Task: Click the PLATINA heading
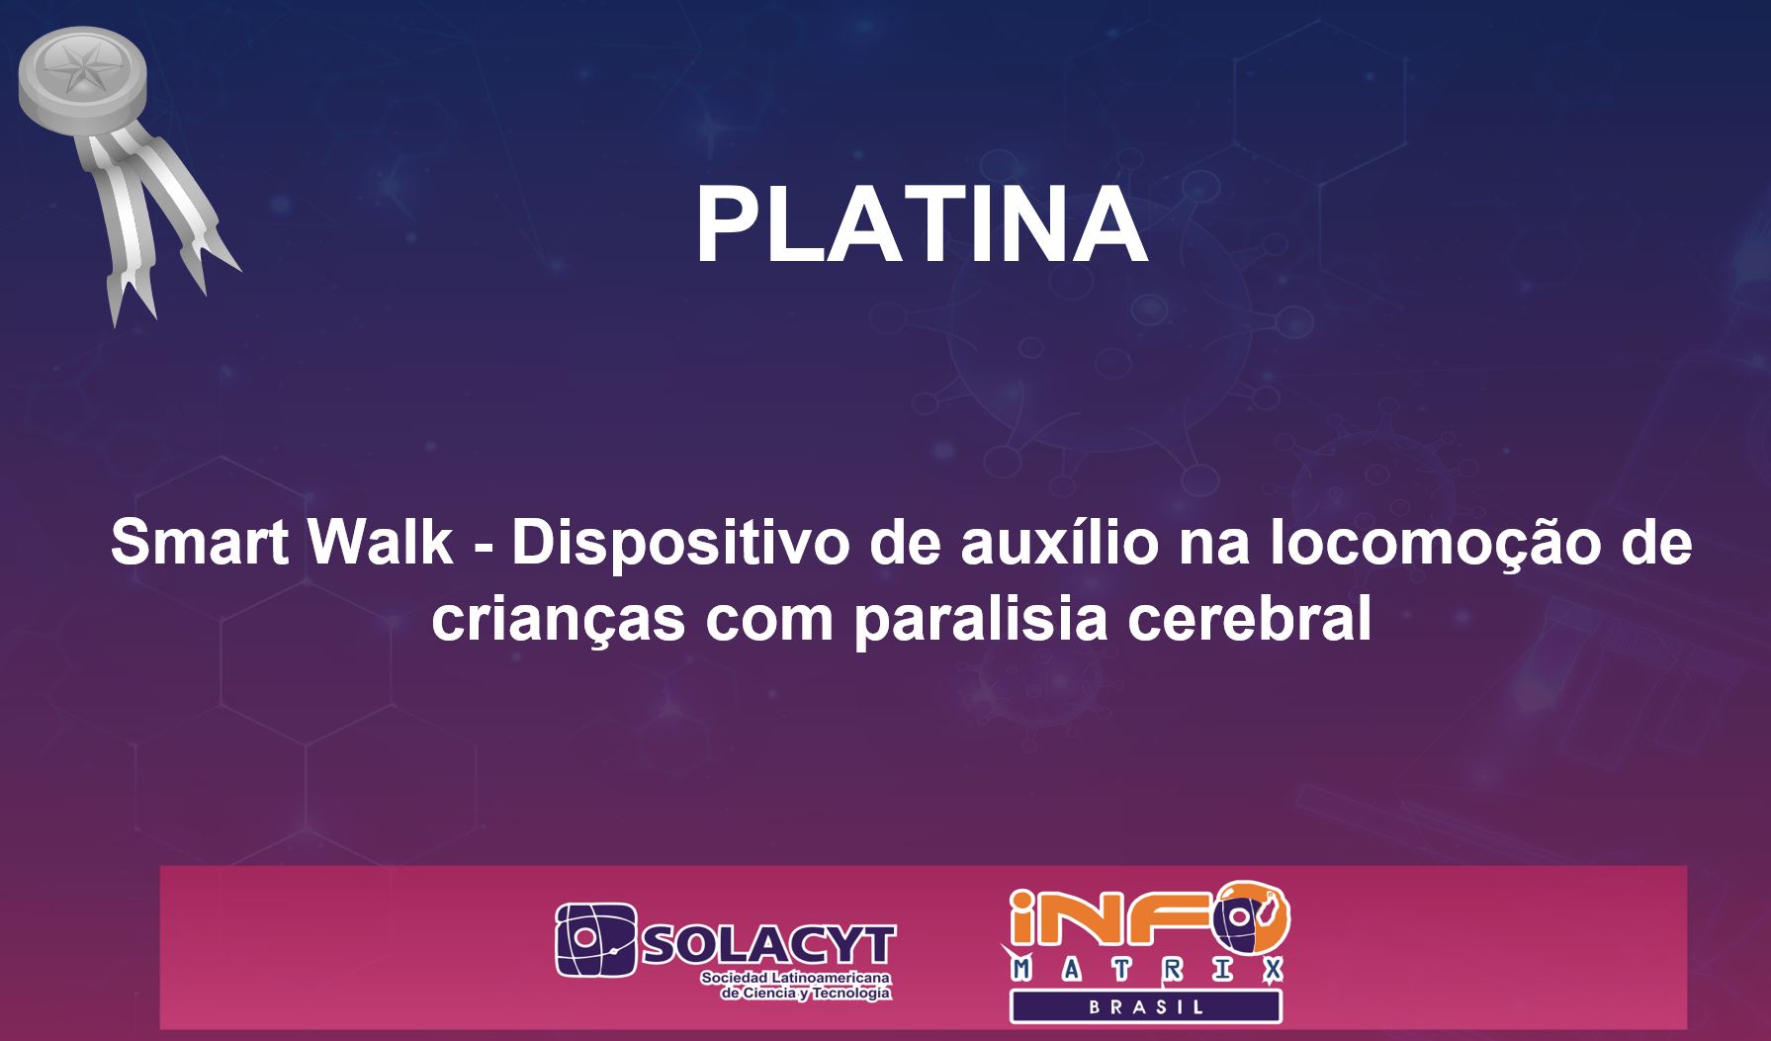(x=922, y=224)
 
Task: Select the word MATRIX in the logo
(x=1148, y=973)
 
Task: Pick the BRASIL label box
(x=1146, y=1007)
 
